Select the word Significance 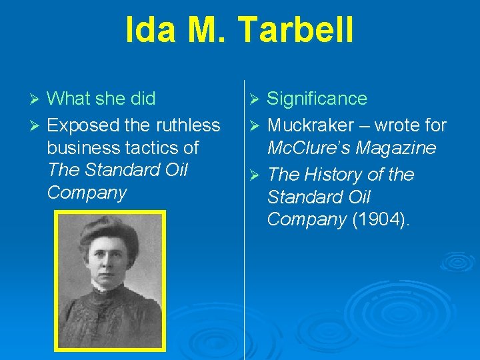coord(317,99)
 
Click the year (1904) coord(381,220)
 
